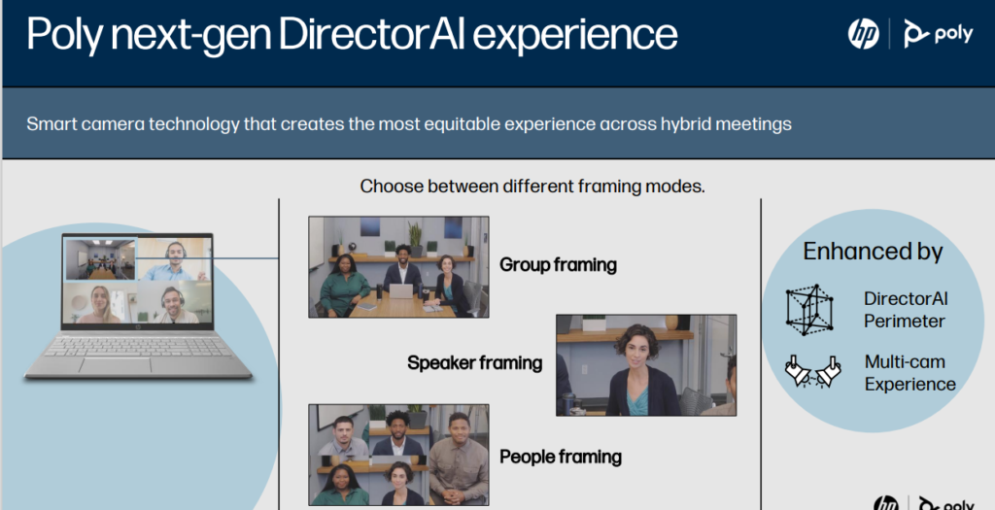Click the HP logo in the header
click(864, 33)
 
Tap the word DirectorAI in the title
click(372, 34)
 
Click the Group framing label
click(558, 264)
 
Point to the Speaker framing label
click(474, 363)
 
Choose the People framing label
click(561, 457)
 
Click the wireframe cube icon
click(809, 310)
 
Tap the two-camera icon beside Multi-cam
click(813, 371)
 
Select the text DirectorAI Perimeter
click(906, 310)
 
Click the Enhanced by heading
click(873, 252)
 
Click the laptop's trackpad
click(116, 365)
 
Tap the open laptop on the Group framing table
click(400, 291)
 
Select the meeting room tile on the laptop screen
click(101, 258)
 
